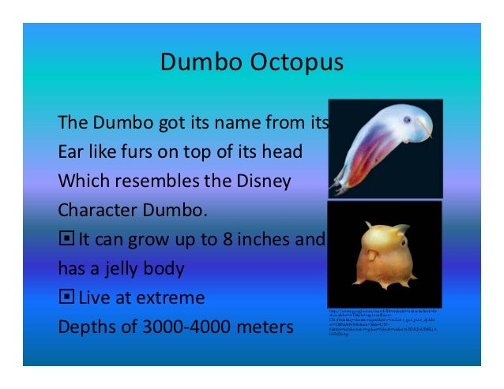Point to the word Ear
[x=73, y=151]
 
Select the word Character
[x=97, y=210]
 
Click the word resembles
[x=164, y=181]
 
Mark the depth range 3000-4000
[x=182, y=327]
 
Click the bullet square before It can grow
[x=66, y=239]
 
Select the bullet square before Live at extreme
[x=66, y=297]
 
